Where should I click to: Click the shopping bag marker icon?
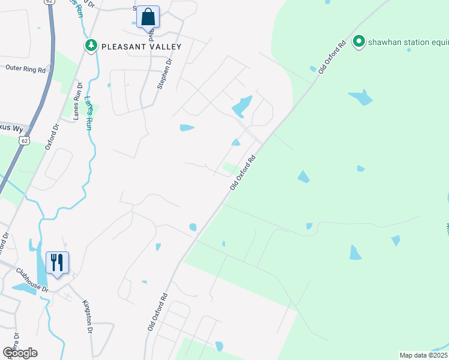pyautogui.click(x=148, y=18)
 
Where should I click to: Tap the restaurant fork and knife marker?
pyautogui.click(x=57, y=263)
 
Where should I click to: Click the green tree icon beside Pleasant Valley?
pyautogui.click(x=91, y=45)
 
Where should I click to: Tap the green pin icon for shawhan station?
pyautogui.click(x=359, y=41)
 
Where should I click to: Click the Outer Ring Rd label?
pyautogui.click(x=25, y=69)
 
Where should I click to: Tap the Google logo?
pyautogui.click(x=20, y=352)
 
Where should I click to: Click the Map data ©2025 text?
pyautogui.click(x=423, y=355)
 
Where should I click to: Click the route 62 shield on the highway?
pyautogui.click(x=23, y=140)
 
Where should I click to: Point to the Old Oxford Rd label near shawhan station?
pyautogui.click(x=332, y=57)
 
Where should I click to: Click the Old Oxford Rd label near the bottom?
pyautogui.click(x=157, y=313)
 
